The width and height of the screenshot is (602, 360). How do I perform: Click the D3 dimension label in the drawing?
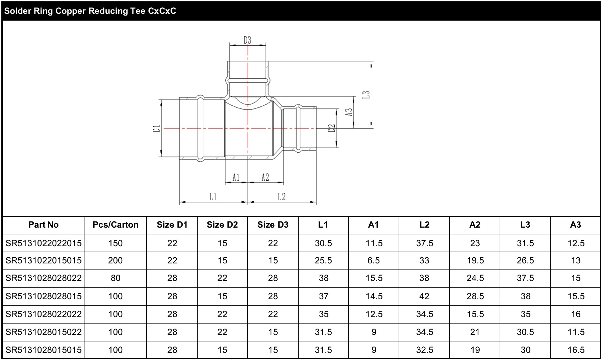tap(248, 40)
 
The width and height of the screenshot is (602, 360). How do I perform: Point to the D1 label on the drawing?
tap(156, 128)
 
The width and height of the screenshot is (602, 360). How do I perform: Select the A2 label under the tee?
tap(266, 177)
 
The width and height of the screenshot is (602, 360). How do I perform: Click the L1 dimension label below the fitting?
tap(213, 197)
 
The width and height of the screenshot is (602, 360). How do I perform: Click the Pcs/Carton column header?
tap(116, 225)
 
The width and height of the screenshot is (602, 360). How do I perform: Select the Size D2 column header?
tap(222, 225)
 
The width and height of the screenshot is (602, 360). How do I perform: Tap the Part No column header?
tap(44, 225)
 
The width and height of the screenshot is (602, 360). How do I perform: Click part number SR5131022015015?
tap(44, 260)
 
